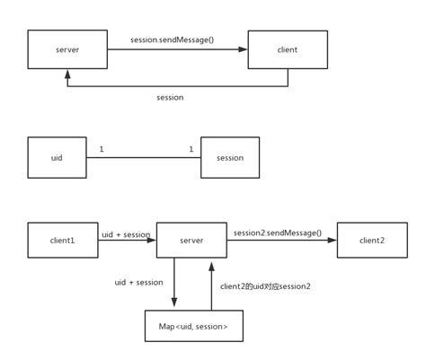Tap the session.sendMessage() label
tap(173, 40)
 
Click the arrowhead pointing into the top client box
tap(243, 49)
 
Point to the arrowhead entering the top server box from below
tap(67, 74)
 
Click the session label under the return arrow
tap(170, 98)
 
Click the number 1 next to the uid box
tap(102, 149)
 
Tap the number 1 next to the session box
tap(191, 149)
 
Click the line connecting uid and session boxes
tap(144, 157)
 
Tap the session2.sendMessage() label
tap(278, 233)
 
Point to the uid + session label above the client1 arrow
tap(126, 234)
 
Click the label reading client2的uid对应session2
tap(265, 286)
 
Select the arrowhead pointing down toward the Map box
tap(174, 302)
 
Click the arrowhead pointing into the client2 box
tap(333, 240)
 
